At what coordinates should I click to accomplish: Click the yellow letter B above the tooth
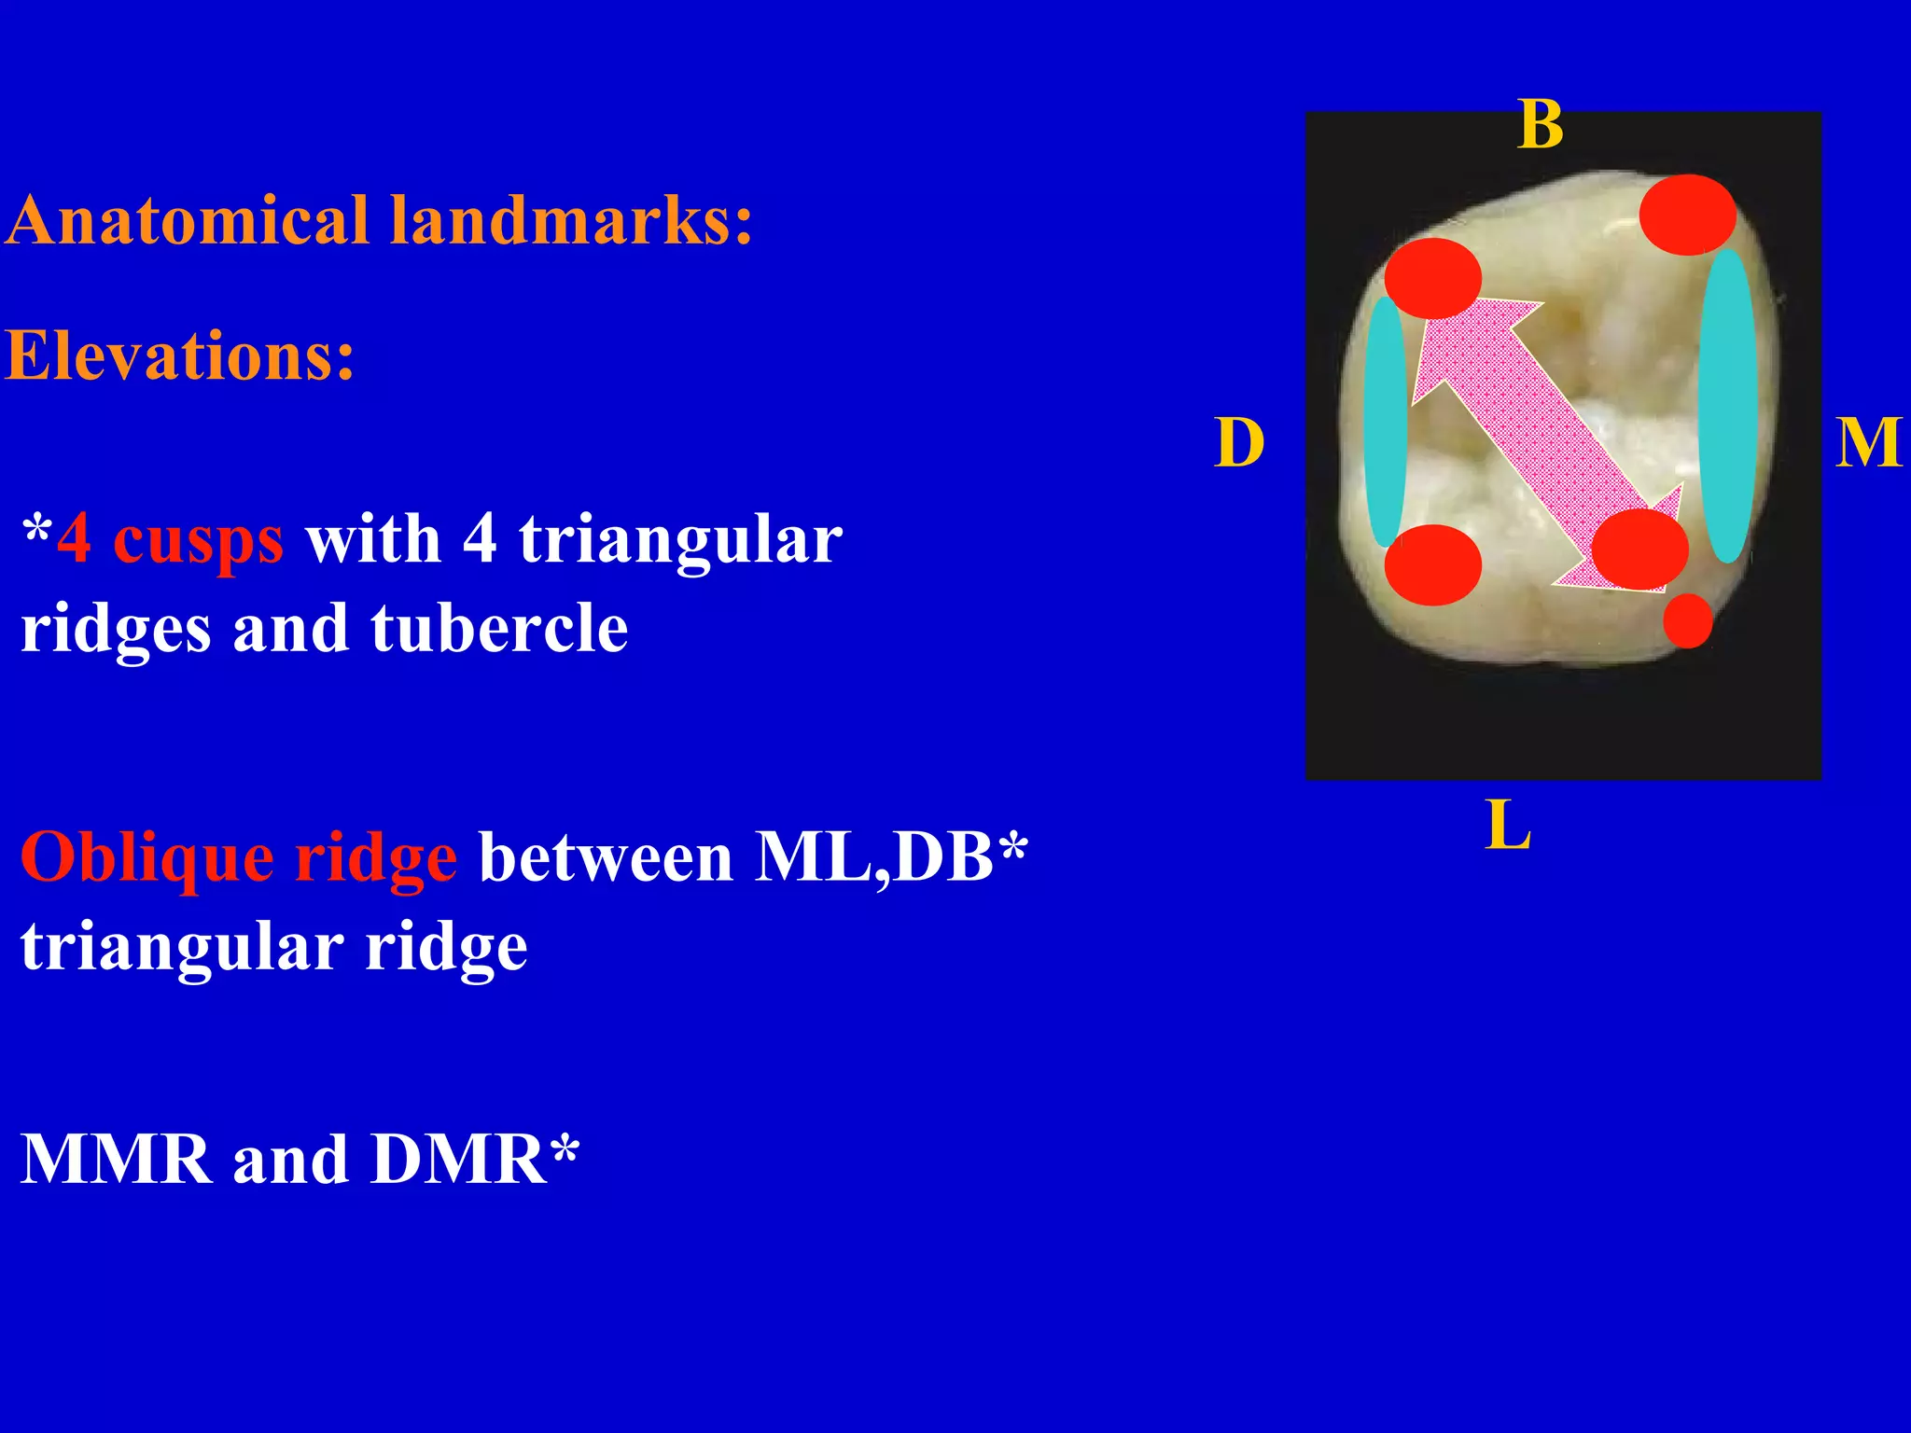coord(1541,125)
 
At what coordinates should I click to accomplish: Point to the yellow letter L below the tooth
coord(1507,826)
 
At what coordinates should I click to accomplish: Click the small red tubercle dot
coord(1687,620)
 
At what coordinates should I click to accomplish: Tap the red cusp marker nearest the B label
coord(1687,215)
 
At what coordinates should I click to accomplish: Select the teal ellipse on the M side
coord(1727,406)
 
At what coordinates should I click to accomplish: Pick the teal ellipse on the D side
coord(1385,422)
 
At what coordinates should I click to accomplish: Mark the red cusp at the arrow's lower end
coord(1639,550)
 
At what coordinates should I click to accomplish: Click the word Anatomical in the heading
coord(188,221)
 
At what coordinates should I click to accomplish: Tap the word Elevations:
coord(180,355)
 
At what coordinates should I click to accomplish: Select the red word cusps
coord(198,540)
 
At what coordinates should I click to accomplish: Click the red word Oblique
coord(146,857)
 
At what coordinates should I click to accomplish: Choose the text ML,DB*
coord(891,857)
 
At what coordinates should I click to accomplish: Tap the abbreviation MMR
coord(116,1160)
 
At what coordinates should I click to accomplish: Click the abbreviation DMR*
coord(474,1160)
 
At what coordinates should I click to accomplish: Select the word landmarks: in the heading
coord(570,221)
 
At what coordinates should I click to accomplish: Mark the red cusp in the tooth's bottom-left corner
coord(1432,564)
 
